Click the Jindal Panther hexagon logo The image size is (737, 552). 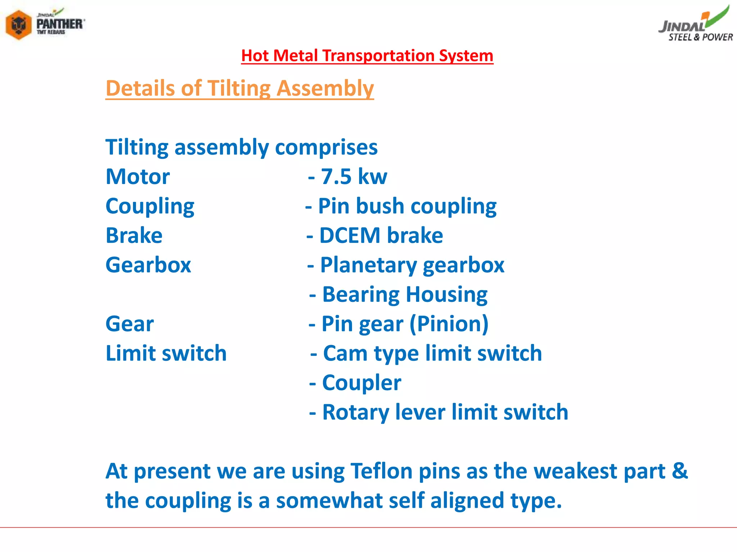(x=19, y=24)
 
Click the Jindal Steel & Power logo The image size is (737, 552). (x=696, y=24)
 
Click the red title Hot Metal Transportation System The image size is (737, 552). (x=367, y=56)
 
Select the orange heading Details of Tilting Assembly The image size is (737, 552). (x=240, y=88)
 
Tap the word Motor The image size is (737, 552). (x=137, y=177)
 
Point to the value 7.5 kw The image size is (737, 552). (x=354, y=177)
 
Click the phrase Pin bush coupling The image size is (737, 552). (x=407, y=206)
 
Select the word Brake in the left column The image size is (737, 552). (x=134, y=236)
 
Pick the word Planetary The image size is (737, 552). (x=368, y=265)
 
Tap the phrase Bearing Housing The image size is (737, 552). (x=404, y=295)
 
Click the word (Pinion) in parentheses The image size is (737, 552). (x=449, y=324)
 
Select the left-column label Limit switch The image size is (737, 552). (x=166, y=353)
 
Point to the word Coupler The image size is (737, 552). (x=361, y=383)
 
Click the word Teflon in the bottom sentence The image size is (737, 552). (x=381, y=471)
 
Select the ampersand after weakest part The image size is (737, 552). (x=679, y=471)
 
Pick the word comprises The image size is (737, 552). (x=326, y=147)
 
